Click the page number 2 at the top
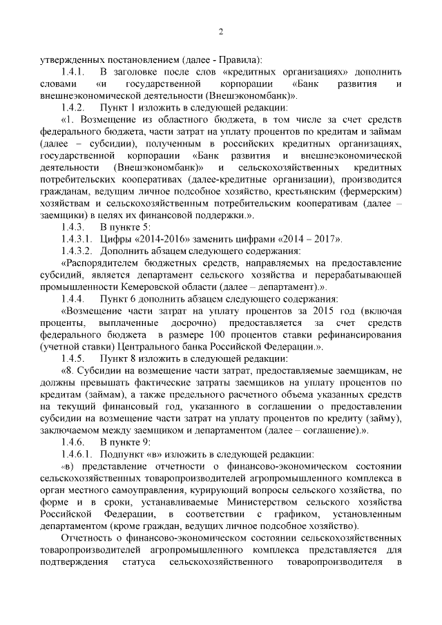(221, 32)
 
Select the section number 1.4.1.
(73, 72)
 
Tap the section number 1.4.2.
(73, 108)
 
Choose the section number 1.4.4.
(73, 299)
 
